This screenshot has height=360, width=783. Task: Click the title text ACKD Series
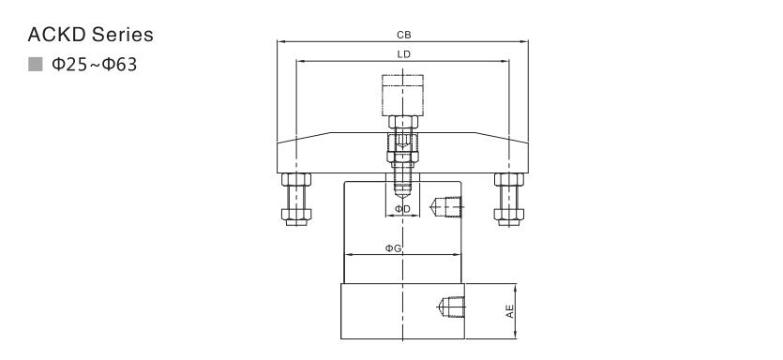click(x=90, y=36)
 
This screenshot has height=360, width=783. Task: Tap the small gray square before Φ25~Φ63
click(x=37, y=65)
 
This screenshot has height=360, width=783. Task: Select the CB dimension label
click(x=403, y=36)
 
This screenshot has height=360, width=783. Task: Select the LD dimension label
click(x=403, y=55)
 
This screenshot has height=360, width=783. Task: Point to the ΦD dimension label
click(x=403, y=209)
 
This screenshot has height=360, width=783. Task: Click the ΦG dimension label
click(x=394, y=248)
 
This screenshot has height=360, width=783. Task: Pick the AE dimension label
click(x=510, y=311)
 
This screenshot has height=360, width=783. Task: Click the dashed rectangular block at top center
click(x=403, y=95)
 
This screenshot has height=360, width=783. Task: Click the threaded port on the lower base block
click(x=446, y=307)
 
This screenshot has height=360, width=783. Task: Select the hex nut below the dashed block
click(x=403, y=124)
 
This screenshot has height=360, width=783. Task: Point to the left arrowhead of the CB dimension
click(x=281, y=42)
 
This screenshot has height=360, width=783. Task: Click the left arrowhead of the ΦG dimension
click(x=347, y=255)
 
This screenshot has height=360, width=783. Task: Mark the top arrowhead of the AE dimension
click(x=516, y=288)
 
